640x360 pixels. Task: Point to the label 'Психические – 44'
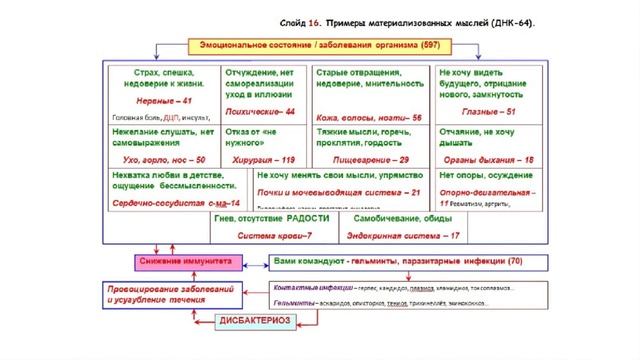262,111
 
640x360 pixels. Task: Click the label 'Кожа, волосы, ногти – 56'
369,118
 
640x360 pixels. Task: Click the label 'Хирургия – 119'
262,160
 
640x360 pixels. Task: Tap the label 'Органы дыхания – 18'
486,160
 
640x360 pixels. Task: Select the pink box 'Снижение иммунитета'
184,261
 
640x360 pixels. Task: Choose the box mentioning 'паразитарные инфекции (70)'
398,261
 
